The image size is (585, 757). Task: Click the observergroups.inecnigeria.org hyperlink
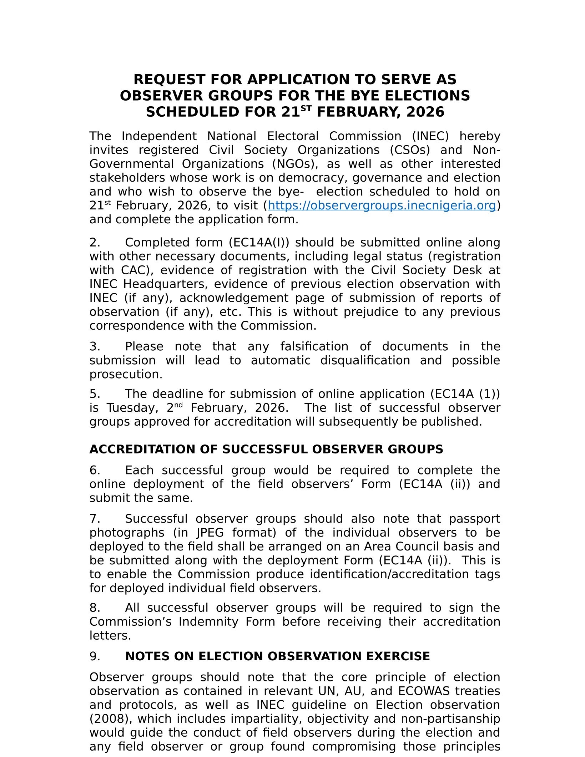pyautogui.click(x=382, y=206)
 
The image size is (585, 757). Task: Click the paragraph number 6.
pyautogui.click(x=95, y=471)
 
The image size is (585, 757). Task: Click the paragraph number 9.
pyautogui.click(x=95, y=656)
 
